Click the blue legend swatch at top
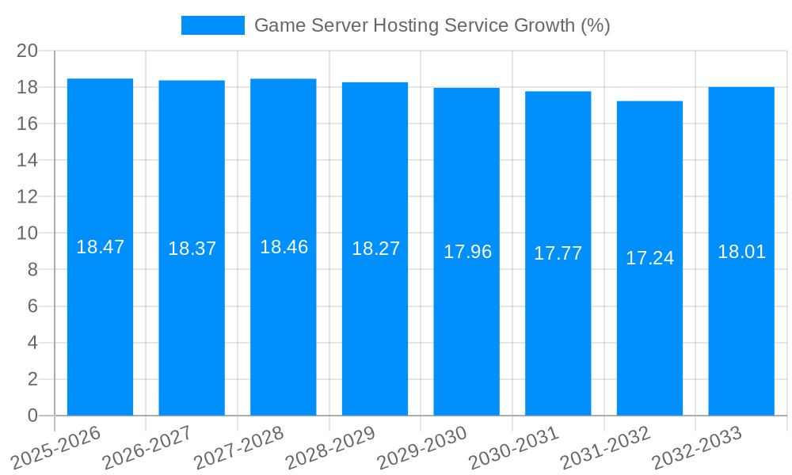click(212, 25)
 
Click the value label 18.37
click(192, 249)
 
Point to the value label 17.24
click(649, 258)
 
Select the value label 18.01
click(741, 252)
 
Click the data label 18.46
click(284, 247)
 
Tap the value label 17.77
click(558, 253)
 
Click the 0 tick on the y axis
click(32, 416)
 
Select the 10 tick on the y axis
click(27, 234)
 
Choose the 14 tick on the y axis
click(27, 160)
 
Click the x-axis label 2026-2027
click(147, 448)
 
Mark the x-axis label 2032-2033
click(696, 448)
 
